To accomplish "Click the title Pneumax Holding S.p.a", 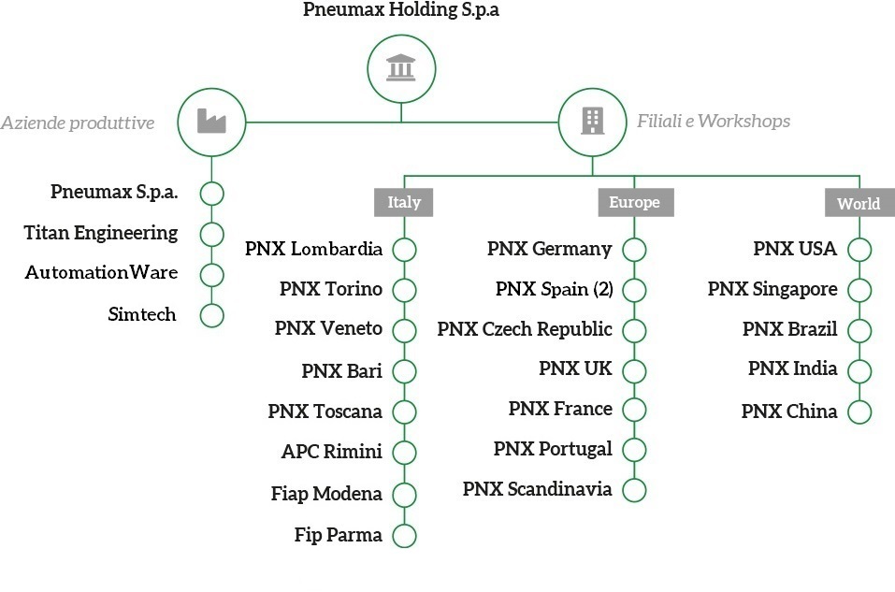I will [x=401, y=11].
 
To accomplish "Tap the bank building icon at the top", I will [x=401, y=68].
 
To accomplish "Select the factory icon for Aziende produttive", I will [x=212, y=122].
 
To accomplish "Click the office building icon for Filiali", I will [x=592, y=122].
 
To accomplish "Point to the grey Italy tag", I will [x=404, y=202].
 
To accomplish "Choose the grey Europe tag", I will [x=634, y=202].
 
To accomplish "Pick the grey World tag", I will [x=858, y=203].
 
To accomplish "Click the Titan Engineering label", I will [x=101, y=233].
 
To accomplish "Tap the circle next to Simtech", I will [x=212, y=315].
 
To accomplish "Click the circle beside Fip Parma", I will [x=404, y=536].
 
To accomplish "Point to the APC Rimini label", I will [x=331, y=452].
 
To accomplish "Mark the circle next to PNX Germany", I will [x=634, y=250].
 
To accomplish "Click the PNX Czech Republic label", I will [x=525, y=329].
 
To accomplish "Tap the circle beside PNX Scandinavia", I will [x=634, y=489].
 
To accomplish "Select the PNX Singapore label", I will [x=772, y=289].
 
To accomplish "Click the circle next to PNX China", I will [x=859, y=412].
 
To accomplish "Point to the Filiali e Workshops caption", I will [x=714, y=121].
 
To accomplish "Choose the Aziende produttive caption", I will [x=78, y=123].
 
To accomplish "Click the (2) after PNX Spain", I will [x=602, y=289].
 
